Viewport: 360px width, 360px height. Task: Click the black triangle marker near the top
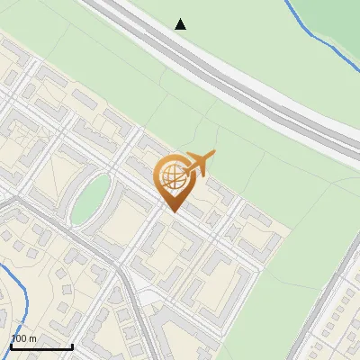coord(180,24)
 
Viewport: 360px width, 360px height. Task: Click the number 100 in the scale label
coord(19,338)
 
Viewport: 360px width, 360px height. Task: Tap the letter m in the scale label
coord(32,338)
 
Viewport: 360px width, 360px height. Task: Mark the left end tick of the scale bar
coord(10,346)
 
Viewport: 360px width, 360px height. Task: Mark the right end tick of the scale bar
coord(72,346)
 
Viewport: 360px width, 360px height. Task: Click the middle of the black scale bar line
coord(40,347)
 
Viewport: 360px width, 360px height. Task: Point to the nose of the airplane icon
coord(213,155)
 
